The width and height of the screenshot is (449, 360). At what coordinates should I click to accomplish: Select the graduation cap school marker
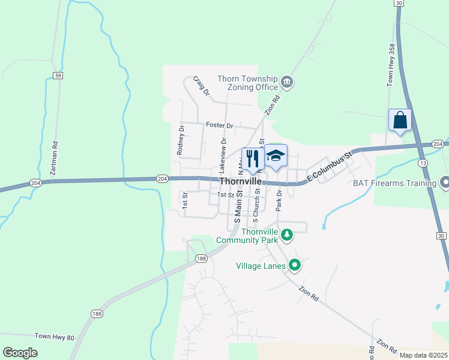(x=276, y=156)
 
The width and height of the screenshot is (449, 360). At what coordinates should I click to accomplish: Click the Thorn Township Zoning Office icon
(x=286, y=82)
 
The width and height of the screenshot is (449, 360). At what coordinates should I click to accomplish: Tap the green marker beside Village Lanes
(x=294, y=265)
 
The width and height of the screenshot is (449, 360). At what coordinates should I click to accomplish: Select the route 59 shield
(x=58, y=76)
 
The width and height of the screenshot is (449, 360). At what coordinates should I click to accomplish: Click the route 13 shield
(x=423, y=163)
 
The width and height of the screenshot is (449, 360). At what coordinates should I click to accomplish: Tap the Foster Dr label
(x=219, y=125)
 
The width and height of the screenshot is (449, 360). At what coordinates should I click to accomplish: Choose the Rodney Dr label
(x=180, y=140)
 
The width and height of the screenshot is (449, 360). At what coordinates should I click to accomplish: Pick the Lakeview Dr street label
(x=223, y=153)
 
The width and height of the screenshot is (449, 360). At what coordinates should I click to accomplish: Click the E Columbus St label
(x=328, y=169)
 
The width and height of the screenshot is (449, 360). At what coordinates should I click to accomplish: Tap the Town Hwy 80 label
(x=55, y=337)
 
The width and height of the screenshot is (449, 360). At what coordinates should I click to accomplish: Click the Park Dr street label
(x=279, y=201)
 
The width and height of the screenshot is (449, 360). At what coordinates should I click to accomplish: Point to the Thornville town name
(x=240, y=181)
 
